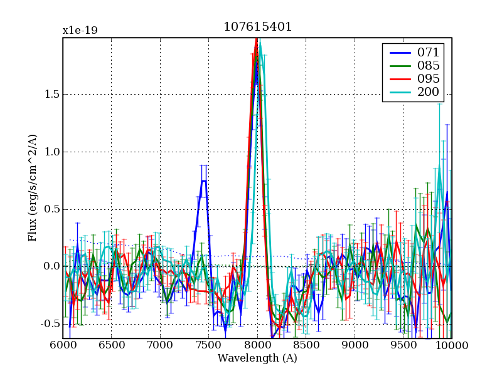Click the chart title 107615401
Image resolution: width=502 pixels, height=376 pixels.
tap(257, 28)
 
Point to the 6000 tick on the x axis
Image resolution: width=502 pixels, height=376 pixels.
tap(63, 345)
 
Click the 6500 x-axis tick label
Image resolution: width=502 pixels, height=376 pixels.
tap(111, 345)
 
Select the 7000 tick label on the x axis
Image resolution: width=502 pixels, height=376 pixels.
tap(160, 345)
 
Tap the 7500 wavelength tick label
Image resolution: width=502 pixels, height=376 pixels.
tap(208, 345)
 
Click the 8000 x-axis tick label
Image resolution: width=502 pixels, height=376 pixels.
tap(257, 345)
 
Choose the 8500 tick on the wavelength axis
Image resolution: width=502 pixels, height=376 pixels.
tap(306, 345)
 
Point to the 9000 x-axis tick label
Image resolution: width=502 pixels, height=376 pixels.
tap(355, 345)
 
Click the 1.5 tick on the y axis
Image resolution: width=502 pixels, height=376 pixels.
tap(50, 95)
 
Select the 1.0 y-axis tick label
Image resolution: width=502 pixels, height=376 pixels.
tap(50, 152)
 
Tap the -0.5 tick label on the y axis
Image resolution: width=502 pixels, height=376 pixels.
tap(48, 324)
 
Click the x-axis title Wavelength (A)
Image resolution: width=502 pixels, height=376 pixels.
tap(257, 358)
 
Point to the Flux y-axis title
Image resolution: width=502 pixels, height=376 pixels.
tap(32, 188)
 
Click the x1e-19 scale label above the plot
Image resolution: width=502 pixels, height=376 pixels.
tap(80, 31)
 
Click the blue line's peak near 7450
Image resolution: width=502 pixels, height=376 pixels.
tap(204, 180)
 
